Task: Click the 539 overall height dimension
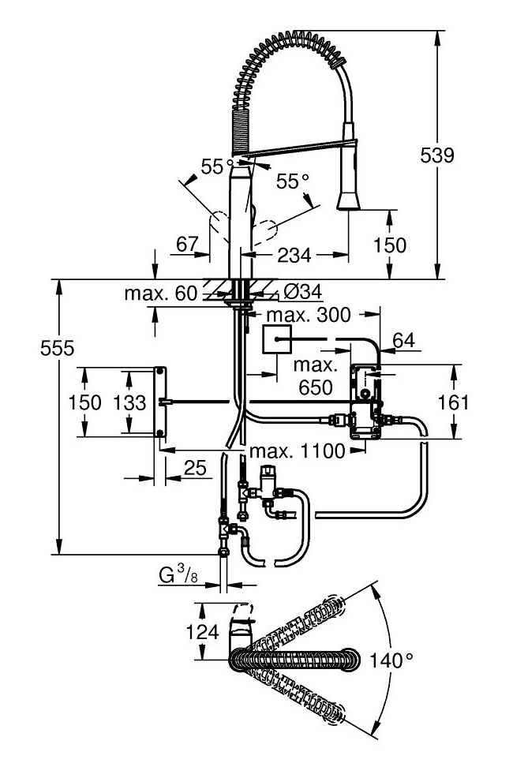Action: tap(436, 155)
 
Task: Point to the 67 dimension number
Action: tap(187, 245)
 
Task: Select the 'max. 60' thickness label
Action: tap(159, 294)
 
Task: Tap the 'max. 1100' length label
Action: tap(296, 451)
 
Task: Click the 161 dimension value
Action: tap(453, 402)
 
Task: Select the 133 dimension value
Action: tap(129, 402)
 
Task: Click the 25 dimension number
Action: tap(193, 469)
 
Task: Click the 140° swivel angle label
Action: tap(391, 660)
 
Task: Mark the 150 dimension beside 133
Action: tap(84, 402)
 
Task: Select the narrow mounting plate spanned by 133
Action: tap(160, 402)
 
